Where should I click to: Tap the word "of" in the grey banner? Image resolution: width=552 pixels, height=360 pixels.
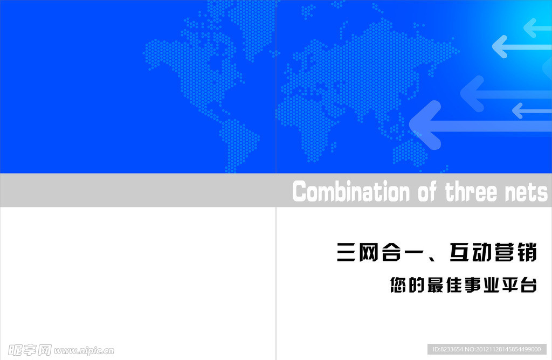click(x=427, y=192)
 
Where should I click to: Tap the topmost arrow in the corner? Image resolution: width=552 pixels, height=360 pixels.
click(x=537, y=27)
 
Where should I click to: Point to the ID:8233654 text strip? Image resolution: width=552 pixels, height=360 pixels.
click(x=487, y=349)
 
